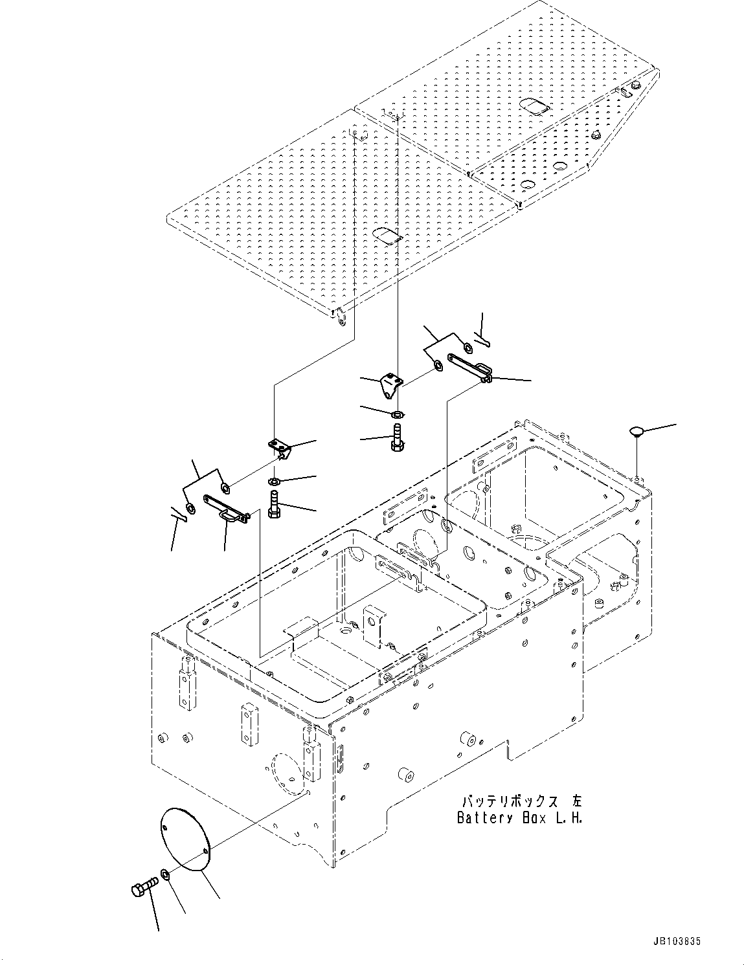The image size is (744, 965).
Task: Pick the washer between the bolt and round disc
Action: [166, 875]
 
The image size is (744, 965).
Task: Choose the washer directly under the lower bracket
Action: [274, 481]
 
